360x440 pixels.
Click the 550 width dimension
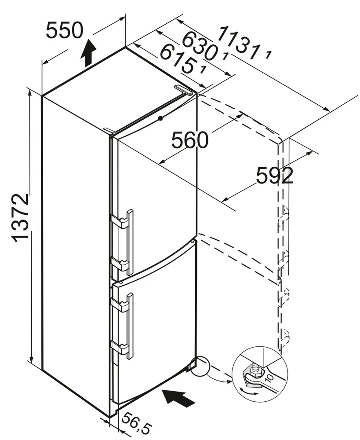(64, 30)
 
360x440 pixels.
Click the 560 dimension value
(189, 140)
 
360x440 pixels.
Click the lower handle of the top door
(118, 264)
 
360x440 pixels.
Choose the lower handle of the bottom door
(118, 348)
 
